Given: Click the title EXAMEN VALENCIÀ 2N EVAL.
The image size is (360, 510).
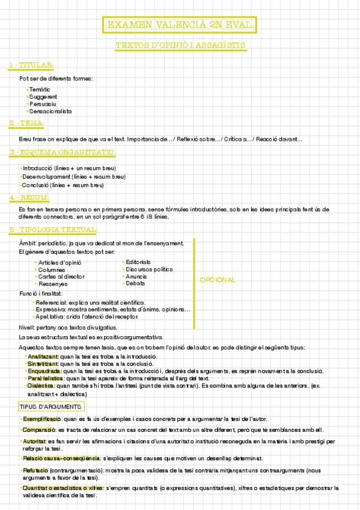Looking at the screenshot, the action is pos(180,25).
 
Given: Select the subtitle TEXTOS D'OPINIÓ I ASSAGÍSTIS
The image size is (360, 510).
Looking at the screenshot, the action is pos(180,45).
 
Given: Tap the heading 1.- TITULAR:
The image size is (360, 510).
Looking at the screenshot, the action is pos(31,65).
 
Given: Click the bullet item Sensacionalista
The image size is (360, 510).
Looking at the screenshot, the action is pos(50,111).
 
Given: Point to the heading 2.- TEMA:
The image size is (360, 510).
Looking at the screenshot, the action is pos(26,123).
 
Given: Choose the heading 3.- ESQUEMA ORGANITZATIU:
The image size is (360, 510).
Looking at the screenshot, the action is pos(63,152).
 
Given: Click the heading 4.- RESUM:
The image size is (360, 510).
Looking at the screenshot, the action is pos(29,198).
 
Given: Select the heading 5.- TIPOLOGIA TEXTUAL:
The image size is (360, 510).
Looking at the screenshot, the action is pos(53,230).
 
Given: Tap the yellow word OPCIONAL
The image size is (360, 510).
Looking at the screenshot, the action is pos(218,280).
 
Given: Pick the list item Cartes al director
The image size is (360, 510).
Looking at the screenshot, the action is pos(61,276).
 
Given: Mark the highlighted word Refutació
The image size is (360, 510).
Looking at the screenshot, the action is pos(36,470).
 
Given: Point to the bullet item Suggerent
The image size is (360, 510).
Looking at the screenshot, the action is pos(43,96).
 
